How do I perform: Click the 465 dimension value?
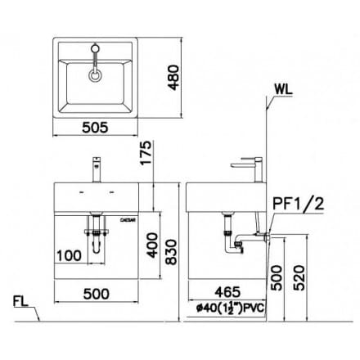(232, 291)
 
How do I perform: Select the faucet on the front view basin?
(97, 170)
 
